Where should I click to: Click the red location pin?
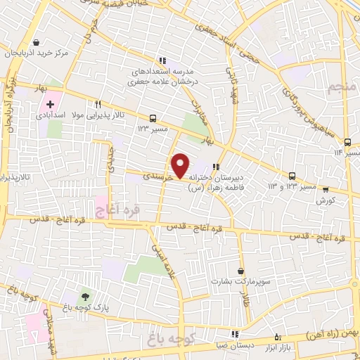(x=181, y=165)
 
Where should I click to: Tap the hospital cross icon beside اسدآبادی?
(x=50, y=105)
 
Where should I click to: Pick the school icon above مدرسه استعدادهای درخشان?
(x=162, y=61)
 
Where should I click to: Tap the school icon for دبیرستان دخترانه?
(x=216, y=167)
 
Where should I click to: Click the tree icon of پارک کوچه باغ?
(x=86, y=296)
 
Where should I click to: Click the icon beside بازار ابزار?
(x=277, y=337)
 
